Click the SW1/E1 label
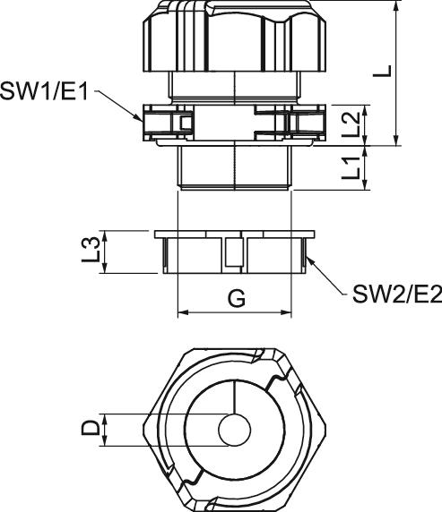44,90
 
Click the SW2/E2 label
397,294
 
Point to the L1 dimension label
351,166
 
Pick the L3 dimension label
91,250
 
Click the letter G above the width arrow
237,298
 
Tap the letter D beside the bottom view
91,428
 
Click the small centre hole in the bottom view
235,430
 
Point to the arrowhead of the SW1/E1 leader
139,118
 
